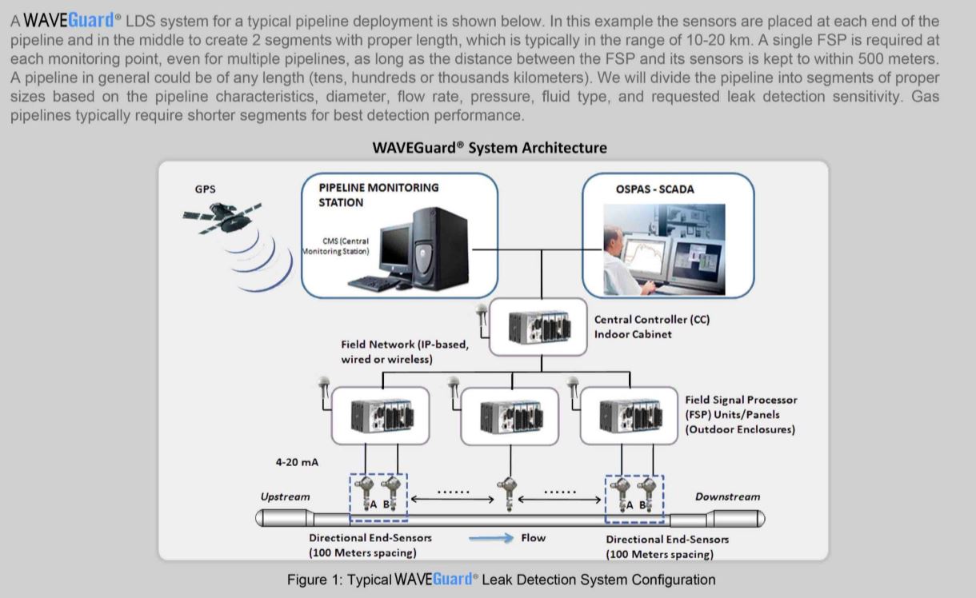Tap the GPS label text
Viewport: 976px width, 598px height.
coord(205,189)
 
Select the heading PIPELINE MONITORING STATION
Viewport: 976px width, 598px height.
coord(378,194)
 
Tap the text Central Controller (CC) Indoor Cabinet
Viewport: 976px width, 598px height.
coord(651,326)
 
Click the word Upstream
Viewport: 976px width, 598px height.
coord(285,496)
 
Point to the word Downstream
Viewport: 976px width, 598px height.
coord(727,496)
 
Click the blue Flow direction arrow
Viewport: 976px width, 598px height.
coord(490,538)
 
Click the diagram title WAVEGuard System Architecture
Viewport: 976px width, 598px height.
coord(490,148)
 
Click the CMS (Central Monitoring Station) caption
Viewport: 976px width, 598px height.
coord(336,245)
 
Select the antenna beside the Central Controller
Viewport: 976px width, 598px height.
coord(481,311)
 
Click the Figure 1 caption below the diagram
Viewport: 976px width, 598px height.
coord(501,580)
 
